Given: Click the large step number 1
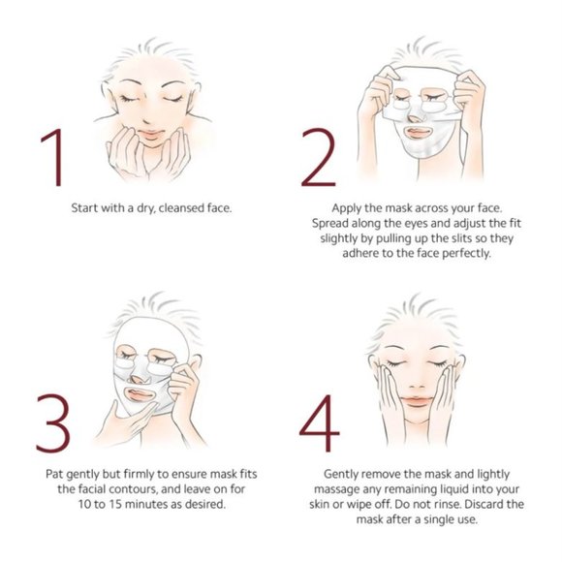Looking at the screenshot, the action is coord(54,158).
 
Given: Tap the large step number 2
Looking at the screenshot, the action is coord(319,157).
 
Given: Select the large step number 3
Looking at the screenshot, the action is coord(53,422).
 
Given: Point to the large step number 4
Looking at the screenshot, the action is coord(320,422).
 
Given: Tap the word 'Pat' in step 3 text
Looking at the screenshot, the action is coord(54,474).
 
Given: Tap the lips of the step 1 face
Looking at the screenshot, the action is coord(150,135).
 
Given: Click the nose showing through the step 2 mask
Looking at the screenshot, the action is coord(415,118).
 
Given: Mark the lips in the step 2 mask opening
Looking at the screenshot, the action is coord(419,132).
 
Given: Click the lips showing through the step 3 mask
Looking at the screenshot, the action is coord(140,394).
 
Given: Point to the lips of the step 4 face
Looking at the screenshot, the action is coord(416,401).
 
